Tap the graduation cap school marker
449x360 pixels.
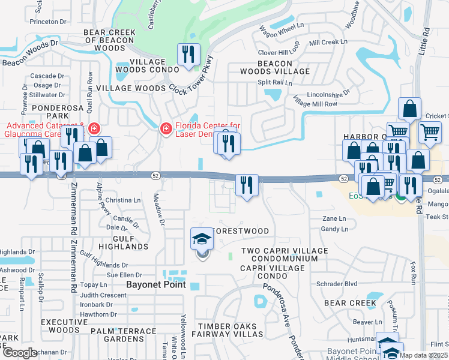pyautogui.click(x=202, y=240)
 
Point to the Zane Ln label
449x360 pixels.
pyautogui.click(x=334, y=219)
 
